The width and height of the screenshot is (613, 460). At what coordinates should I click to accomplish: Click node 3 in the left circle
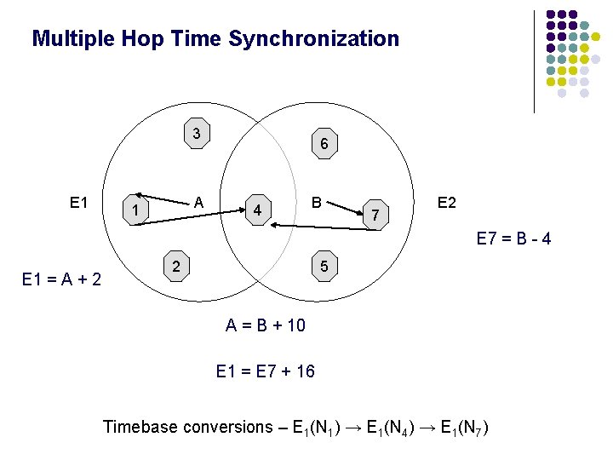(x=197, y=133)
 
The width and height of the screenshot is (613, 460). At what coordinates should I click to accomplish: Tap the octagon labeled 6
(x=324, y=145)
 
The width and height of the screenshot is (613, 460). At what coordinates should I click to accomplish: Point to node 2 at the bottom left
(x=175, y=267)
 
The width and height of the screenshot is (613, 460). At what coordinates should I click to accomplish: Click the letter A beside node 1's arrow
(x=198, y=203)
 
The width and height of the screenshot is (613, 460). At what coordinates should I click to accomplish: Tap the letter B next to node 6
(x=317, y=203)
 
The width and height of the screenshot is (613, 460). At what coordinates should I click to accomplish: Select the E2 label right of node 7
(x=447, y=203)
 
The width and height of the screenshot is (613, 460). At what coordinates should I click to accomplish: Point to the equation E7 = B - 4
(x=513, y=239)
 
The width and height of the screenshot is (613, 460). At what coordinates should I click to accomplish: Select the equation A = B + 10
(x=265, y=325)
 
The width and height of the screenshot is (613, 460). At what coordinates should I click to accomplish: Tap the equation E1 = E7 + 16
(x=265, y=371)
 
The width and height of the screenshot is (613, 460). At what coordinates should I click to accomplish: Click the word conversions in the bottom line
(x=226, y=427)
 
